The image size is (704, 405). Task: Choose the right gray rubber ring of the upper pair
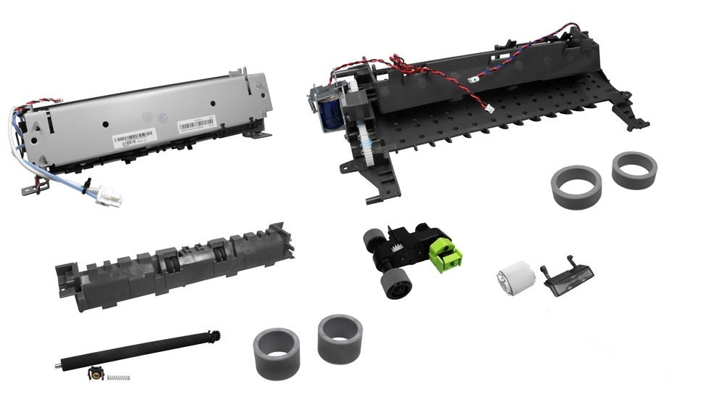[x=634, y=168]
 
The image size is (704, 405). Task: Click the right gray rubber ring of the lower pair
[x=340, y=338]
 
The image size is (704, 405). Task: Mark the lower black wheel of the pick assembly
[x=393, y=283]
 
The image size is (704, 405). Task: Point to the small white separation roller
[x=516, y=280]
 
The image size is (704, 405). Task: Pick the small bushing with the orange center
[x=94, y=375]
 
